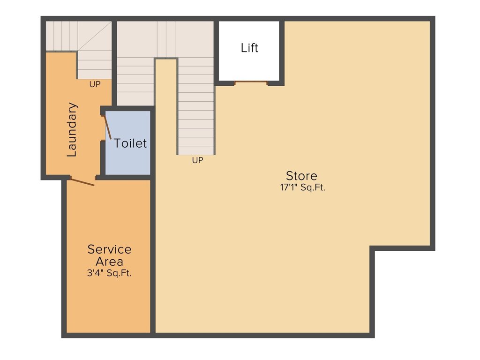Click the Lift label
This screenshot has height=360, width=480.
249,48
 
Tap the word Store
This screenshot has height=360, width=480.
301,176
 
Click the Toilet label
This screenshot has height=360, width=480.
130,143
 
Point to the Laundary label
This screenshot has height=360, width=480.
72,129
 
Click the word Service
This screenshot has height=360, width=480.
109,249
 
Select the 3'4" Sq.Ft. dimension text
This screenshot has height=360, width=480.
109,273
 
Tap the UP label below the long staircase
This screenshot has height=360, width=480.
197,160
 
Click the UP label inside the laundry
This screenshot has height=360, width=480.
95,85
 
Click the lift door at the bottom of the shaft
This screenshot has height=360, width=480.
251,82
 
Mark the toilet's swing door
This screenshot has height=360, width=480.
107,127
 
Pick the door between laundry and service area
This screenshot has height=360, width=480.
82,181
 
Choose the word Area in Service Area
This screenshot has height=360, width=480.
109,262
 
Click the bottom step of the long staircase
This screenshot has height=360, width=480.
196,150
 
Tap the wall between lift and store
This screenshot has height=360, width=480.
282,52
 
